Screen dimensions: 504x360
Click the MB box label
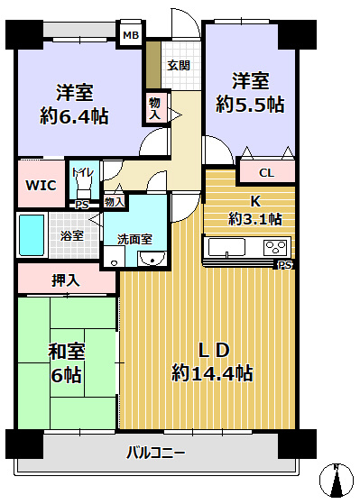(x=132, y=37)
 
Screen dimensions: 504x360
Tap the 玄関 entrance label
(x=178, y=65)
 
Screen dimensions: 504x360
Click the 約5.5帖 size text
(x=250, y=105)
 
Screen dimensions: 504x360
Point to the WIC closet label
(x=41, y=185)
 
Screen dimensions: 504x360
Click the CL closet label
(x=267, y=173)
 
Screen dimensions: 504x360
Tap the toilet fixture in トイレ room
(x=86, y=185)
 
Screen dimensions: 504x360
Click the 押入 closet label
(x=65, y=280)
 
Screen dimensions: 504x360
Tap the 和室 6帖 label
(x=67, y=362)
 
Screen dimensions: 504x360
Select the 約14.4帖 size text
(x=212, y=372)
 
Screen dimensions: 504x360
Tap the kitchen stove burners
(x=275, y=247)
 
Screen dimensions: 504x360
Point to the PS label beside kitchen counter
(x=285, y=265)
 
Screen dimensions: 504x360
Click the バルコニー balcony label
(x=154, y=453)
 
